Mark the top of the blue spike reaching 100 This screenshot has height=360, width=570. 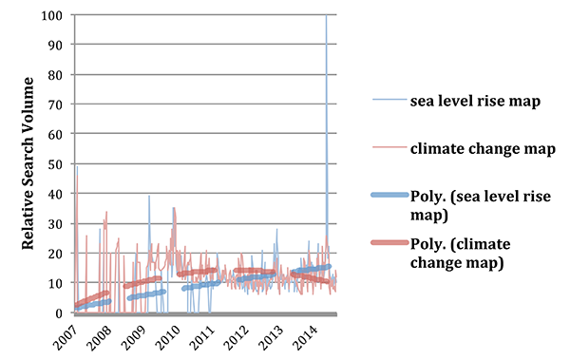328,16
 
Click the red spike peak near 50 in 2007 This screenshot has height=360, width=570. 77,167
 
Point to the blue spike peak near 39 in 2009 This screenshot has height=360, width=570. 149,197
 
